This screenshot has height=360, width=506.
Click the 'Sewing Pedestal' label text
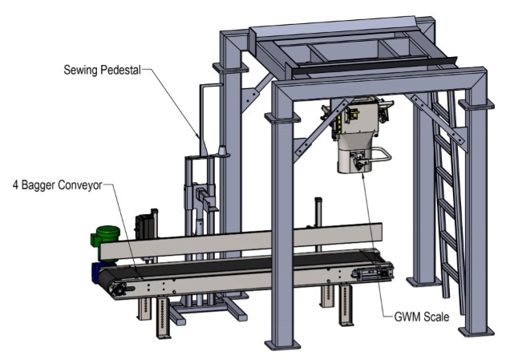coord(101,70)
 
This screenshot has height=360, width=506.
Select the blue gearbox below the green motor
coord(102,271)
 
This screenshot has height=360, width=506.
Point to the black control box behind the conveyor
coord(144,224)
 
